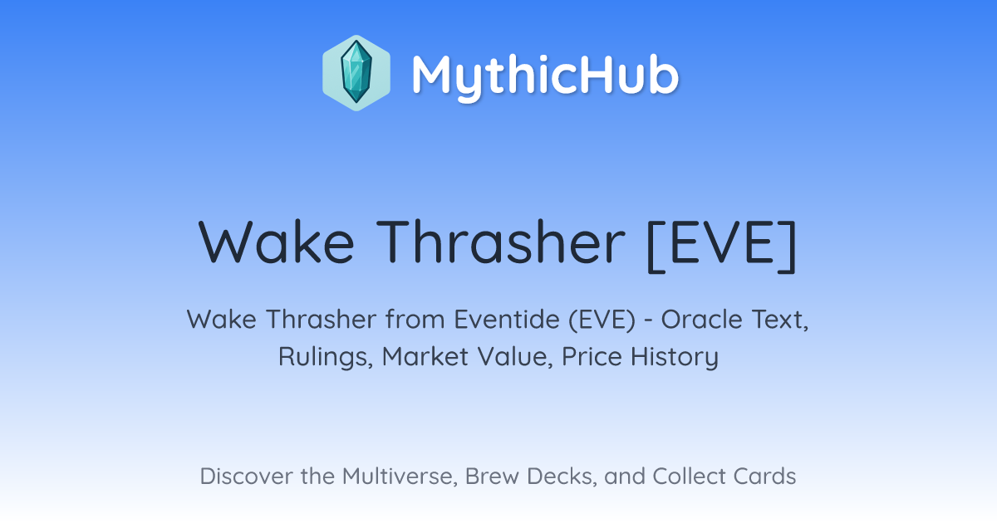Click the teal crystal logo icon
click(x=356, y=73)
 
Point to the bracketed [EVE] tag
click(x=722, y=246)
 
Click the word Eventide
click(x=507, y=319)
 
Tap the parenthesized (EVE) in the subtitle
click(x=602, y=320)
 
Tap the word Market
click(x=425, y=356)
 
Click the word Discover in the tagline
click(x=246, y=476)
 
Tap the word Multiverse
click(x=400, y=477)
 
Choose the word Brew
click(x=492, y=476)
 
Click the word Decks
click(x=562, y=477)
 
